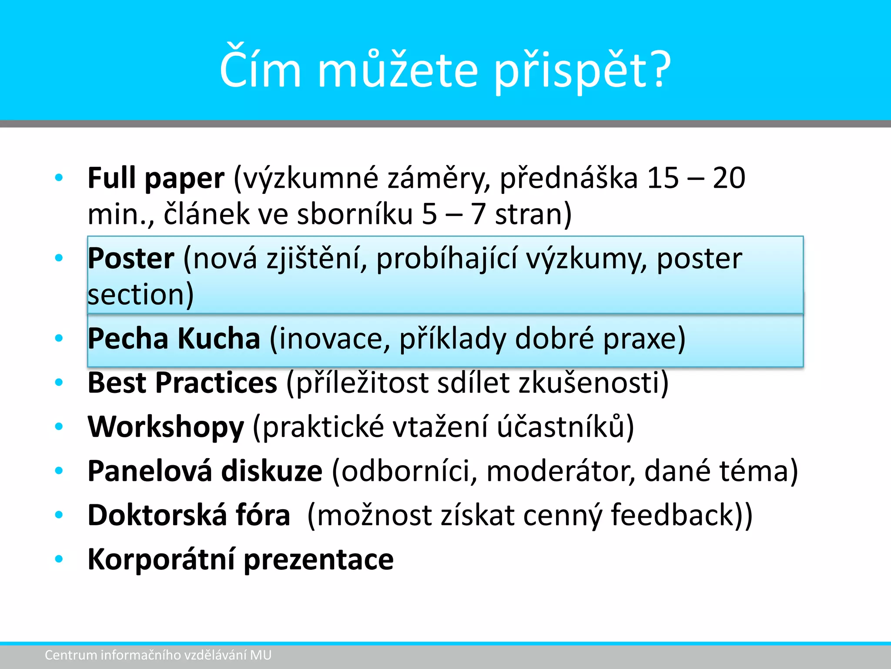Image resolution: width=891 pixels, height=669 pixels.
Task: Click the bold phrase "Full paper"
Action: (x=156, y=179)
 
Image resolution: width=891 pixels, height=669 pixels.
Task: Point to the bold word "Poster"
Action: (x=131, y=259)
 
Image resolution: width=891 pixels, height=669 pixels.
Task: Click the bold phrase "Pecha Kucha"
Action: (x=174, y=338)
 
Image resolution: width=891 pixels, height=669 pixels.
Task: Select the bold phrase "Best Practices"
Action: (x=182, y=383)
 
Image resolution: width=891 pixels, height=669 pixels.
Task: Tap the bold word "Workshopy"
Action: (x=166, y=427)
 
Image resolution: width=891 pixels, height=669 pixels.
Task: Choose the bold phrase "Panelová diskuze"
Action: (x=205, y=471)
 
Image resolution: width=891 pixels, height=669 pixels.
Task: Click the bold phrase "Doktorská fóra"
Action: (x=189, y=515)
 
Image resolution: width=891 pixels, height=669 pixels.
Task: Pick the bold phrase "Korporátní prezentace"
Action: (x=241, y=560)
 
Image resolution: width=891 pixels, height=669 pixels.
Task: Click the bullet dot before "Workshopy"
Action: (x=59, y=427)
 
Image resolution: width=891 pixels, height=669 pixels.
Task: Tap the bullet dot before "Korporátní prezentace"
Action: (x=59, y=559)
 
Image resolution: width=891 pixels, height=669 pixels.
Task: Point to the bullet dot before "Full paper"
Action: (x=59, y=178)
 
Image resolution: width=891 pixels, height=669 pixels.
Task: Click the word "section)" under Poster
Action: (x=141, y=295)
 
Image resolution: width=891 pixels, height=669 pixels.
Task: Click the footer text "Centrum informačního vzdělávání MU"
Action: (x=158, y=655)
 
